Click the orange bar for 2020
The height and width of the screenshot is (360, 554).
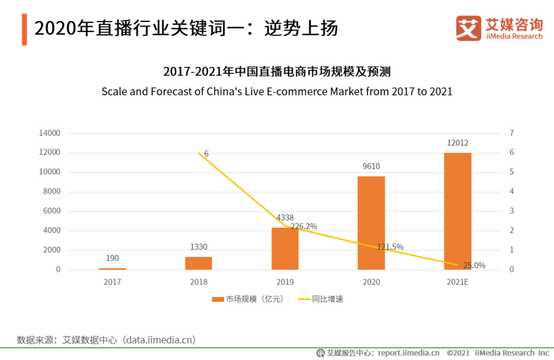pos(371,223)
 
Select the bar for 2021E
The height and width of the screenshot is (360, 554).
pos(458,211)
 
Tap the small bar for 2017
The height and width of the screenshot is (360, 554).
pos(112,268)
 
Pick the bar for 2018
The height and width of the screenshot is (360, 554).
pos(199,263)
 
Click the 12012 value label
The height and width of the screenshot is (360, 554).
pos(458,143)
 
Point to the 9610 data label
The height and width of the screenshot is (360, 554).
pos(371,166)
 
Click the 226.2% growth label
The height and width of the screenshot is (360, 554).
pos(304,226)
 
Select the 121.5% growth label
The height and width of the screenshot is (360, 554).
pos(390,247)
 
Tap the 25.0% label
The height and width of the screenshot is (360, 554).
pos(474,266)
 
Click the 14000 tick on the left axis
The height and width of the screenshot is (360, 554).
pos(50,133)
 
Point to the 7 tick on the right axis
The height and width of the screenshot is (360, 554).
pos(511,133)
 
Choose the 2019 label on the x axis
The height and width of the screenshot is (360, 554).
pos(285,282)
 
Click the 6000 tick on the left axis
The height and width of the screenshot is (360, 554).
pos(51,211)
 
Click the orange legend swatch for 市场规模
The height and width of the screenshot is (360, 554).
pos(217,299)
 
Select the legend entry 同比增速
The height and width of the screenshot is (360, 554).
pos(327,299)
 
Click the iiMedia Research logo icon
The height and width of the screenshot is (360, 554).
pos(468,28)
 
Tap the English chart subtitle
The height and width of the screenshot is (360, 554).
pos(277,91)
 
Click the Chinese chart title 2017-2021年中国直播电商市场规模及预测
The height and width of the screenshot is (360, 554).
pos(277,71)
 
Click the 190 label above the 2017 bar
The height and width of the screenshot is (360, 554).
pos(112,258)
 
